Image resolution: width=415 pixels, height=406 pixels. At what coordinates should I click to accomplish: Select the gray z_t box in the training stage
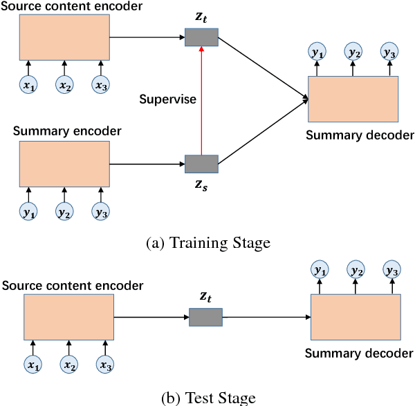[201, 37]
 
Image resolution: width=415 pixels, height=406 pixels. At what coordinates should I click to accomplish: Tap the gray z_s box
[201, 164]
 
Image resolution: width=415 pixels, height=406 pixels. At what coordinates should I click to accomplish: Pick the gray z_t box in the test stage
[205, 317]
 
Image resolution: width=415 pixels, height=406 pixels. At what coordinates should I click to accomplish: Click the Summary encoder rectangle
[64, 164]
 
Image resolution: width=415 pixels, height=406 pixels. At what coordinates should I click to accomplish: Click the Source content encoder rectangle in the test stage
[69, 317]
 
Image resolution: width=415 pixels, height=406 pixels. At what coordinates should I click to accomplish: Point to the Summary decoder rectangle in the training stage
[353, 99]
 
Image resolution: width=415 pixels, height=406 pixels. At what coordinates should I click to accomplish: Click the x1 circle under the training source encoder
[28, 85]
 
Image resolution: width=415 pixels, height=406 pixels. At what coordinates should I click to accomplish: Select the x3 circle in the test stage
[104, 364]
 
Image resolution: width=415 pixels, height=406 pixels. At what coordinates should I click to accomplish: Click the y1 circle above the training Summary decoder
[318, 52]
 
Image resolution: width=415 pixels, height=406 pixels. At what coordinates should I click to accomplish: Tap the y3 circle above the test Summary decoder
[391, 271]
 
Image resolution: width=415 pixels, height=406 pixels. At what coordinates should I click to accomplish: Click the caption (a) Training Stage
[207, 242]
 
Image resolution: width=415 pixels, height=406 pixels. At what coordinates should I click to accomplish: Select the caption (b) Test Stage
[207, 398]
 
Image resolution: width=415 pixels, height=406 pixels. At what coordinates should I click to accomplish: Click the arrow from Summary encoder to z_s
[147, 164]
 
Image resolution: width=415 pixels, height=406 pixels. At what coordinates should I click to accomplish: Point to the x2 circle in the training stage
[64, 85]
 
